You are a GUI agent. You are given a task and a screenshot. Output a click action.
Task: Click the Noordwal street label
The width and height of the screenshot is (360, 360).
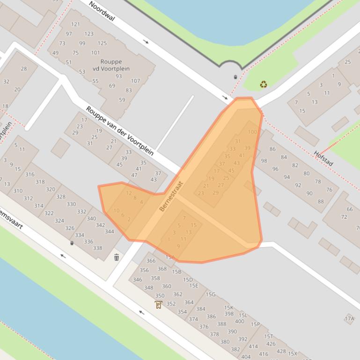(102, 12)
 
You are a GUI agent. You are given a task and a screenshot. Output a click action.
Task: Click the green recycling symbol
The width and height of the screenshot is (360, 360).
(264, 84)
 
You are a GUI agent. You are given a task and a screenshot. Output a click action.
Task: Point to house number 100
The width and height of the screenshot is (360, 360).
(252, 132)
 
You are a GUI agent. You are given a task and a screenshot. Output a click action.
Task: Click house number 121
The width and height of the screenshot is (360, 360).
(75, 24)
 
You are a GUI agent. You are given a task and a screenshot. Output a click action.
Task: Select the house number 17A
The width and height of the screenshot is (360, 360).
(349, 319)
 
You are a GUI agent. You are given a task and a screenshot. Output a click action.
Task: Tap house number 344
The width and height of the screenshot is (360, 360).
(110, 231)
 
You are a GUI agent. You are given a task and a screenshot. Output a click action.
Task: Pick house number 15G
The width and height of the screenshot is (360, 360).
(211, 295)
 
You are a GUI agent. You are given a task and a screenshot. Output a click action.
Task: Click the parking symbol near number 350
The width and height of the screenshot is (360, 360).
(158, 305)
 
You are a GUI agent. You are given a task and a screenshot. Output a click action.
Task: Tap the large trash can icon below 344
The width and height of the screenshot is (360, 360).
(117, 257)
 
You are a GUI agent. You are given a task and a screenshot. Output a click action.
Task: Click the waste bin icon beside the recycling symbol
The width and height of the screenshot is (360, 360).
(235, 77)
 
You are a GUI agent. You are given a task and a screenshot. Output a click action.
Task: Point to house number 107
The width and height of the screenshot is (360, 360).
(135, 81)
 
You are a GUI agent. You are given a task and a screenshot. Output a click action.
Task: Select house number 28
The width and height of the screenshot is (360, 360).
(24, 69)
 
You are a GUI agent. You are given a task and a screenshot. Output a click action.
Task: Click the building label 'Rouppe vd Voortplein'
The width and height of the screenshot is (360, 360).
(111, 65)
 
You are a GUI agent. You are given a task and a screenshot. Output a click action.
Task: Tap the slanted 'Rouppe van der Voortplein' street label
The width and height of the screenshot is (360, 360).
(119, 130)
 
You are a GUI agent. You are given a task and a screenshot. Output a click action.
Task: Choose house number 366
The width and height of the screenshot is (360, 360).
(151, 261)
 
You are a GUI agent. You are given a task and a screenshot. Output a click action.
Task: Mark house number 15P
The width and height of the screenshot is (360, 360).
(255, 324)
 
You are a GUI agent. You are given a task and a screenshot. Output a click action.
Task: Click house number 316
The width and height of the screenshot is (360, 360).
(30, 174)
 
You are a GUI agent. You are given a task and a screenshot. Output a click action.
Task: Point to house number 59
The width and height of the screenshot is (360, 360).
(122, 100)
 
